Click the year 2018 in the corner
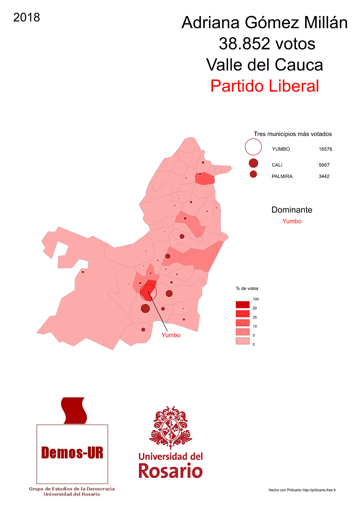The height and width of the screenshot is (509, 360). point(27,17)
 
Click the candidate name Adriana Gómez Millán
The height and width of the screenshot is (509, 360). point(265,23)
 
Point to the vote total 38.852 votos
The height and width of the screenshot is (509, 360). point(267,44)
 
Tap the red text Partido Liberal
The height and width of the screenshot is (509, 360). point(265,86)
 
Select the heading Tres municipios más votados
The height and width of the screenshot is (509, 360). point(292,134)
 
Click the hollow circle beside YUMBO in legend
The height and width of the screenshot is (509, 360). point(253,147)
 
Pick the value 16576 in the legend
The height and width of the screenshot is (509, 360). point(325,149)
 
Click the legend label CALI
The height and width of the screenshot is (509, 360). point(277,165)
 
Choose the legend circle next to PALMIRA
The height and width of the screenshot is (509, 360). point(253,174)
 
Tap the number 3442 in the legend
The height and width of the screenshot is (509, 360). point(324,176)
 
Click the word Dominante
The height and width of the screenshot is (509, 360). point(292,210)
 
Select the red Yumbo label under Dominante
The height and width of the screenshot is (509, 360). point(292,221)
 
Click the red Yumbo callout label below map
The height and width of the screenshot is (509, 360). point(171,335)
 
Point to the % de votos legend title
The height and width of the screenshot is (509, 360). point(247,288)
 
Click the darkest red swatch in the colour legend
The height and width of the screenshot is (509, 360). point(242,304)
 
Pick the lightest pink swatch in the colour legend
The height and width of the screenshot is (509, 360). point(242,341)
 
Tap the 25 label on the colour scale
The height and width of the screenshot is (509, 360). point(255,317)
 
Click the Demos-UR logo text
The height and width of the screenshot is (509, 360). point(72,453)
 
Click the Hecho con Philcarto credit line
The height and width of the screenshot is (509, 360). point(302,490)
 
